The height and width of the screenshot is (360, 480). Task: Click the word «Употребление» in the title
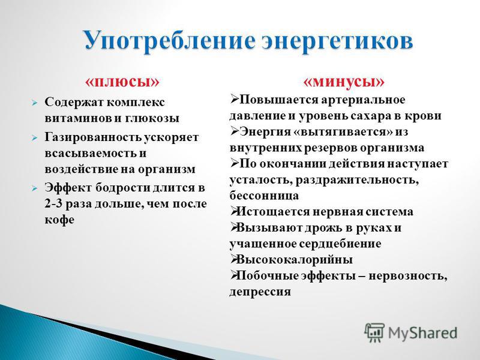(x=169, y=41)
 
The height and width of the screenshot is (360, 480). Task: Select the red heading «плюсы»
(x=122, y=82)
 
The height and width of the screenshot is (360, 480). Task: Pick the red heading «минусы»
(x=343, y=82)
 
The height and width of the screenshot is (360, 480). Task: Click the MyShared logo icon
(x=374, y=332)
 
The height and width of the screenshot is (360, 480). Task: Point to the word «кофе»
(x=59, y=220)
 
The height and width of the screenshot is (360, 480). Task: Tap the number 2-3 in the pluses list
(x=53, y=203)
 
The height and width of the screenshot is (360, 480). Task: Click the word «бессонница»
(x=264, y=196)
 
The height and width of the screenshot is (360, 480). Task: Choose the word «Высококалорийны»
(x=295, y=260)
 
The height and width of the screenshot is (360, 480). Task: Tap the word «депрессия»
(x=260, y=292)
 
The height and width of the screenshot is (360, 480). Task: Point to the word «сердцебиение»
(x=340, y=244)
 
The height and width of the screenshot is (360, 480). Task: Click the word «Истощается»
(x=273, y=212)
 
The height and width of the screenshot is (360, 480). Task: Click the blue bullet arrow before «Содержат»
(x=34, y=103)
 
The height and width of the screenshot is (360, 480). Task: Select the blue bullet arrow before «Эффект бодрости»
(x=34, y=188)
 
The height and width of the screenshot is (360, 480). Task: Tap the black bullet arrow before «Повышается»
(x=234, y=99)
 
